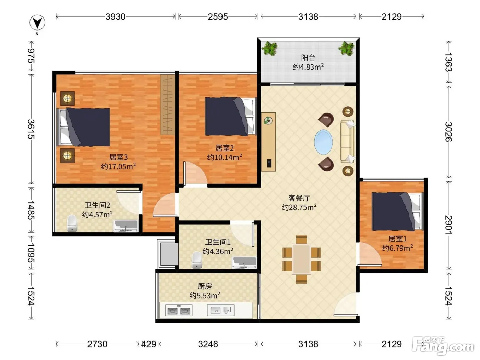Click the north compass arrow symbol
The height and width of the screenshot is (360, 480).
(x=37, y=23)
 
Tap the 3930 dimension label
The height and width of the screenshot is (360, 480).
(x=116, y=16)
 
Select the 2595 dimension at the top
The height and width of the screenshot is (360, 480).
(x=218, y=16)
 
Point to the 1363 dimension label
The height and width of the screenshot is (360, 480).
(x=448, y=62)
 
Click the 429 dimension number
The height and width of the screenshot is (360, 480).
(x=149, y=344)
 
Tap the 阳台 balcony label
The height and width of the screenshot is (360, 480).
(x=308, y=58)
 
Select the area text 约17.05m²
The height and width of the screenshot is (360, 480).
(x=118, y=166)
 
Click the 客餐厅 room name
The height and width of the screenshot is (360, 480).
(x=299, y=198)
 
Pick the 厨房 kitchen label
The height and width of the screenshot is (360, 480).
(x=205, y=286)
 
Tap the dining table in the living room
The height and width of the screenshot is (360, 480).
(x=302, y=259)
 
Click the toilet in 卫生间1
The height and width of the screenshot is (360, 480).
(x=196, y=260)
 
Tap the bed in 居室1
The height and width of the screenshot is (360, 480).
(x=398, y=212)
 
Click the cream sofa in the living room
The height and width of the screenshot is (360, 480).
(x=347, y=142)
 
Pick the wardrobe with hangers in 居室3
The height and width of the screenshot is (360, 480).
(x=168, y=105)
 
